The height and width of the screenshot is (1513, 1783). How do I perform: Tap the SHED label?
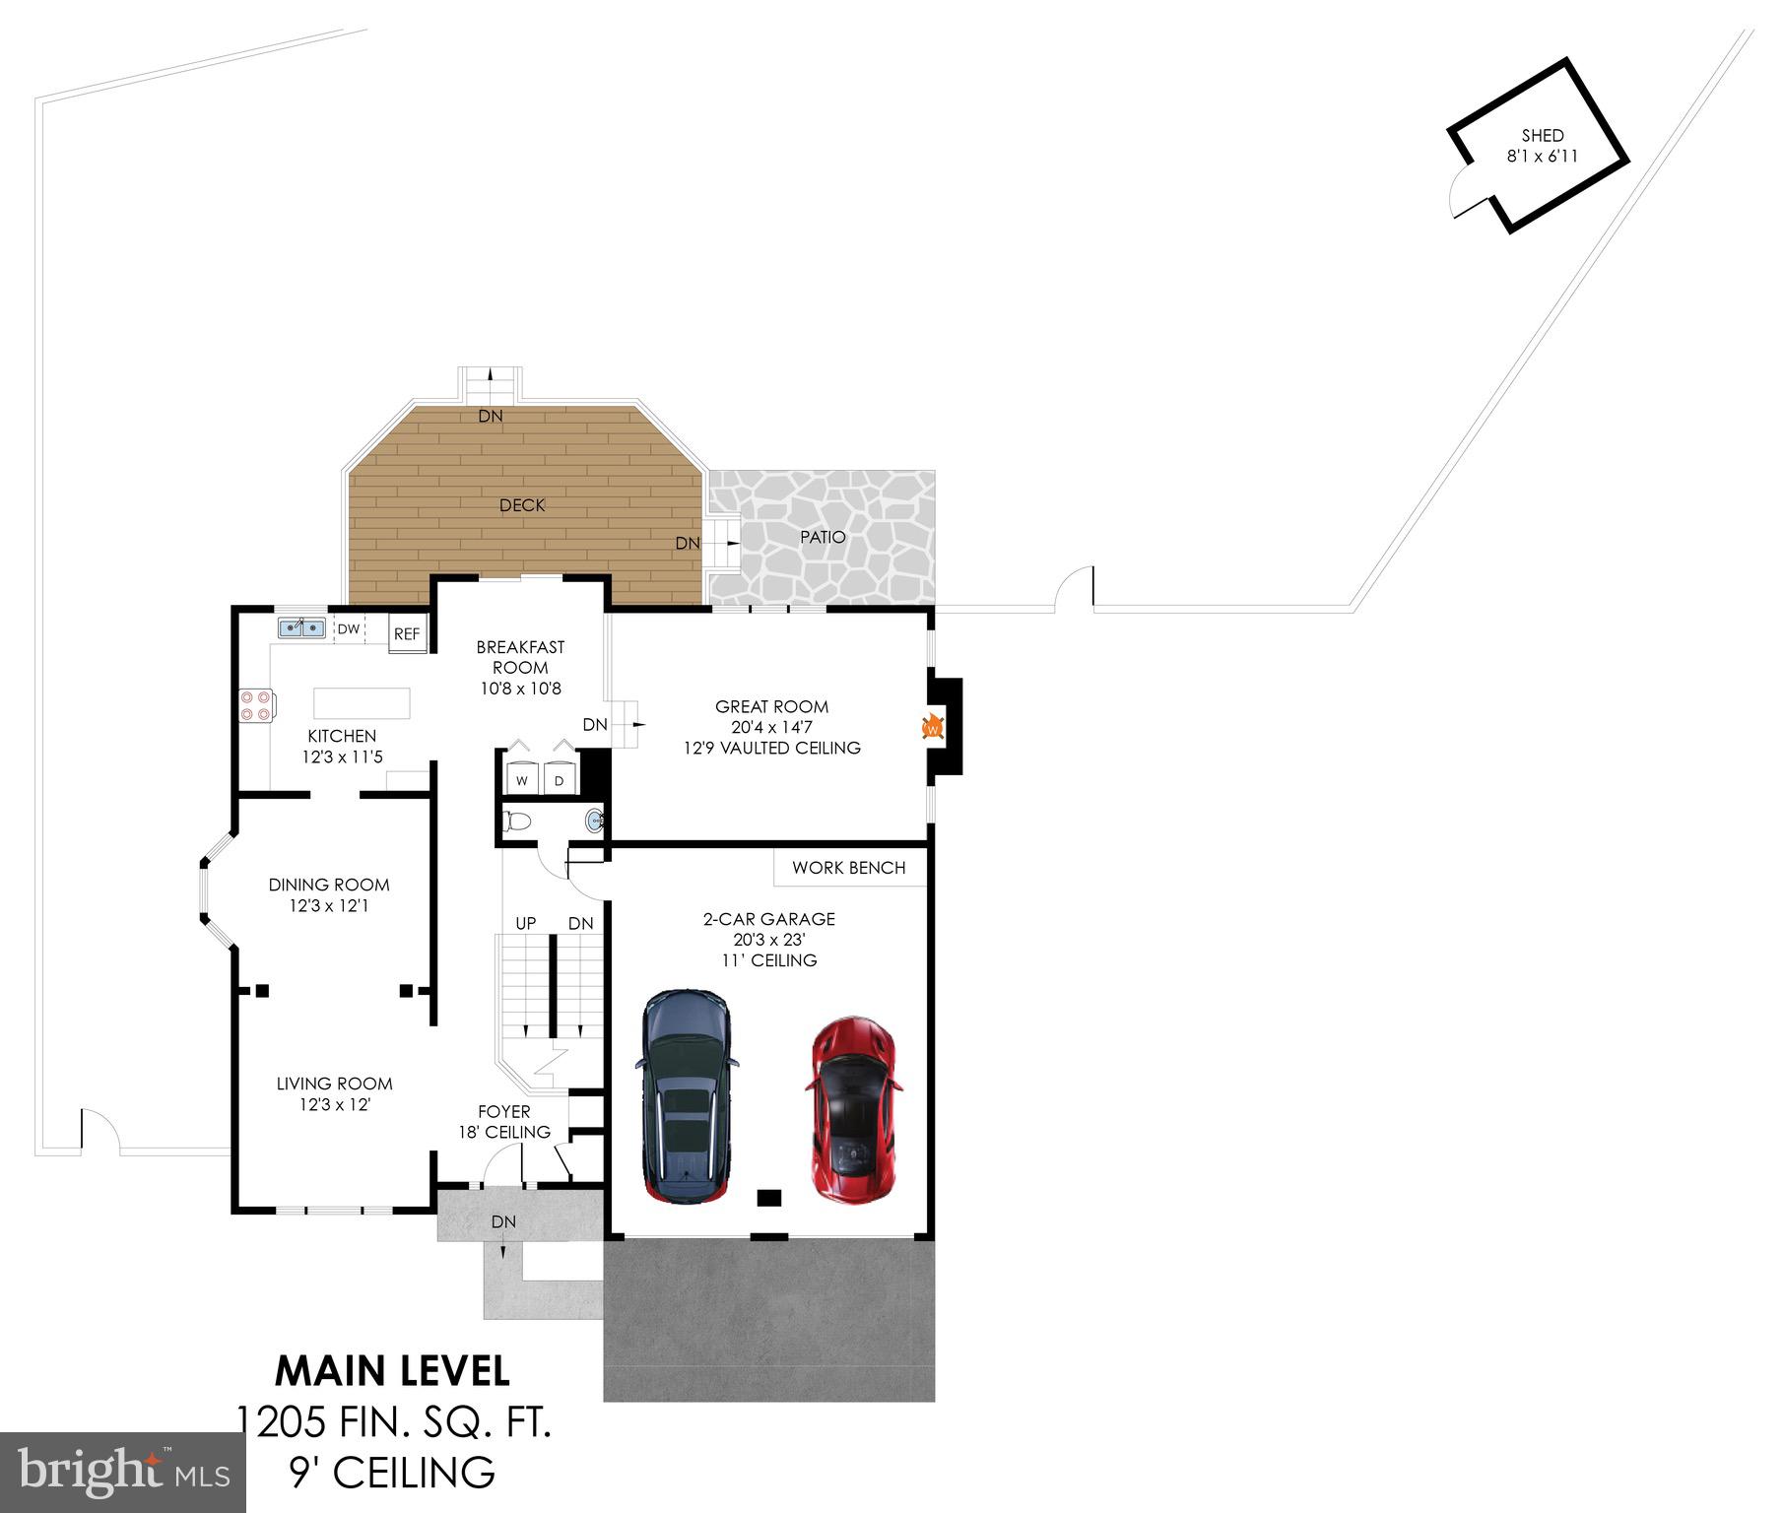coord(1542,136)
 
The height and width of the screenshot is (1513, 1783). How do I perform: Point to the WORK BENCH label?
coord(848,868)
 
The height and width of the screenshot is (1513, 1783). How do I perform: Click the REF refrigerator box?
coord(407,633)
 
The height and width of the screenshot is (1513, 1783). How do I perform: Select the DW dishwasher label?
coord(349,629)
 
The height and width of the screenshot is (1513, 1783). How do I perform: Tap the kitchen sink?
coord(301,627)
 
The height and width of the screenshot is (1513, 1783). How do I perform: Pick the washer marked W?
coord(522,779)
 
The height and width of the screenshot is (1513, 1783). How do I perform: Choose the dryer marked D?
coord(559,779)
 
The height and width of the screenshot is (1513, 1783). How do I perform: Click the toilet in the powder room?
coord(516,821)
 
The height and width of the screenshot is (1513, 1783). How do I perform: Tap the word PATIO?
coord(823,537)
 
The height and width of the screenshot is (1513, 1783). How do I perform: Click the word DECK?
coord(522,505)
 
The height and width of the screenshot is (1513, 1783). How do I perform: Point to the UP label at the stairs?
coord(525,923)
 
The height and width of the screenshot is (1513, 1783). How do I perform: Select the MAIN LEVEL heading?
coord(392,1371)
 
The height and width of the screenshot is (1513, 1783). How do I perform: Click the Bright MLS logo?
coord(122,1472)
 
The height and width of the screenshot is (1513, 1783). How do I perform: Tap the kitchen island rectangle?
coord(362,703)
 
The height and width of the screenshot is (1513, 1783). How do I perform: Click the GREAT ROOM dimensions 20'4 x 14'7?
coord(771,728)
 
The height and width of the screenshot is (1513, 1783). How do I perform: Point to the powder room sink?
coord(594,821)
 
